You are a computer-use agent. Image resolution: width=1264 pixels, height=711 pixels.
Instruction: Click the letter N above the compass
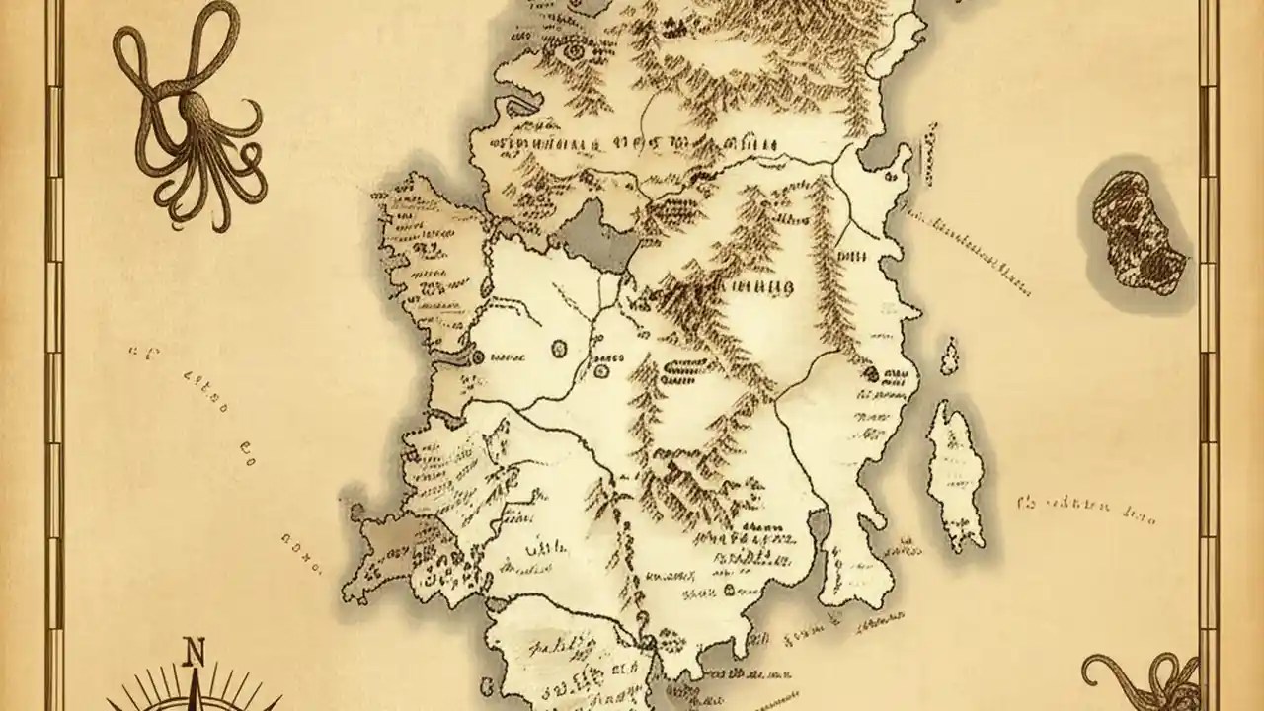[195, 653]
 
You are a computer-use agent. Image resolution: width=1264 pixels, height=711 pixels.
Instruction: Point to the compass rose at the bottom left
[197, 696]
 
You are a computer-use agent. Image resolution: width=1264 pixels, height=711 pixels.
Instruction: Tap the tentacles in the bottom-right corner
[1145, 681]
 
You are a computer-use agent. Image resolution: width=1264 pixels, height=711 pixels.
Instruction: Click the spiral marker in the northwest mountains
[574, 47]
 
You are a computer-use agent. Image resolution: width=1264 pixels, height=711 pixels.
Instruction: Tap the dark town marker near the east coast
[872, 373]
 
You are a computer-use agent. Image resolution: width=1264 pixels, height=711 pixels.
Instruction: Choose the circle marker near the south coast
[730, 590]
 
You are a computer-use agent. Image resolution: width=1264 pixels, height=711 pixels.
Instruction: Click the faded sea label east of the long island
[1086, 509]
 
